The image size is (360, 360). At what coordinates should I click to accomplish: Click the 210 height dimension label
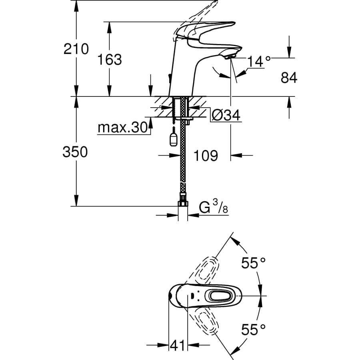(76, 49)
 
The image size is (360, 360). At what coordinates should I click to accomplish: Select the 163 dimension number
(110, 60)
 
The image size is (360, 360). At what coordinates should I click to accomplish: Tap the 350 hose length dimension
(75, 152)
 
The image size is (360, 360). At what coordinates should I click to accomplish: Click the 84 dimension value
(289, 78)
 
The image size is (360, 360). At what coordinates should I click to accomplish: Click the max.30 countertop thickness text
(122, 128)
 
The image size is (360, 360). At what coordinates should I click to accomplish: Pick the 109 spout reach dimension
(206, 156)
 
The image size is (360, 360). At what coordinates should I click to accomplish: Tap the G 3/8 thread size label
(214, 207)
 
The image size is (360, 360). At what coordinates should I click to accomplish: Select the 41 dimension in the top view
(178, 345)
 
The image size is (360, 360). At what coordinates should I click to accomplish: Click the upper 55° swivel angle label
(254, 263)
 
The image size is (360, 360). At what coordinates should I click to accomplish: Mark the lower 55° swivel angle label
(254, 330)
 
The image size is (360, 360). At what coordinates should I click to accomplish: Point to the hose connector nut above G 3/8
(183, 200)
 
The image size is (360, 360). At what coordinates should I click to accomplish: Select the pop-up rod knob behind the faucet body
(169, 78)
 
